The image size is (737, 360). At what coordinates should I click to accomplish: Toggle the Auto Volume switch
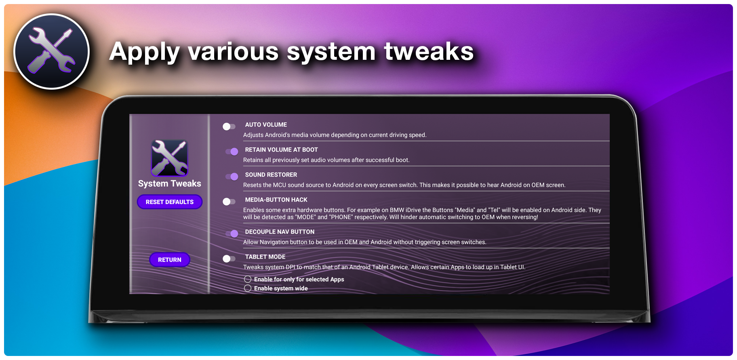click(229, 127)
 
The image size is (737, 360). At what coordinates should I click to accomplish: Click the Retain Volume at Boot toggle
click(232, 152)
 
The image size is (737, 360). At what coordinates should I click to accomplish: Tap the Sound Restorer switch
click(232, 177)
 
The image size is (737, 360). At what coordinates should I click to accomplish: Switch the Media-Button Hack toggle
click(229, 202)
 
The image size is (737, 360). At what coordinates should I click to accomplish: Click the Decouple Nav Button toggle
click(232, 234)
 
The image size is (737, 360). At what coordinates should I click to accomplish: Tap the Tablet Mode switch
click(229, 259)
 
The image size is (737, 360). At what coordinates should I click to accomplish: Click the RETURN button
click(170, 260)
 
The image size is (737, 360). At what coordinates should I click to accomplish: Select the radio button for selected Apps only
click(248, 279)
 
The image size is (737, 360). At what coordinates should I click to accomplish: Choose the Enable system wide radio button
click(248, 288)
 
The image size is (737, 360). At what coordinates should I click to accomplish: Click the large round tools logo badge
click(52, 51)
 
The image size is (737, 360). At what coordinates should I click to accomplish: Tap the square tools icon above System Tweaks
click(169, 158)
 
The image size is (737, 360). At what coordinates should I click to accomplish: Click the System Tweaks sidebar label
click(170, 183)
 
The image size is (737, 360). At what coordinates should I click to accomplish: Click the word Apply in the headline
click(144, 52)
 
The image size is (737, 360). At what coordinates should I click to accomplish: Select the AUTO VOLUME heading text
click(266, 125)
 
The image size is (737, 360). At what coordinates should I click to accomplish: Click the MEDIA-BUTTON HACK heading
click(276, 200)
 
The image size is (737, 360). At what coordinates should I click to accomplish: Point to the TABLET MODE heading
click(265, 257)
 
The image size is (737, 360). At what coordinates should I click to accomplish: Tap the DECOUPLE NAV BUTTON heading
click(280, 232)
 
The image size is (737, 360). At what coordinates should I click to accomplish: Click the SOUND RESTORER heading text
click(271, 175)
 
